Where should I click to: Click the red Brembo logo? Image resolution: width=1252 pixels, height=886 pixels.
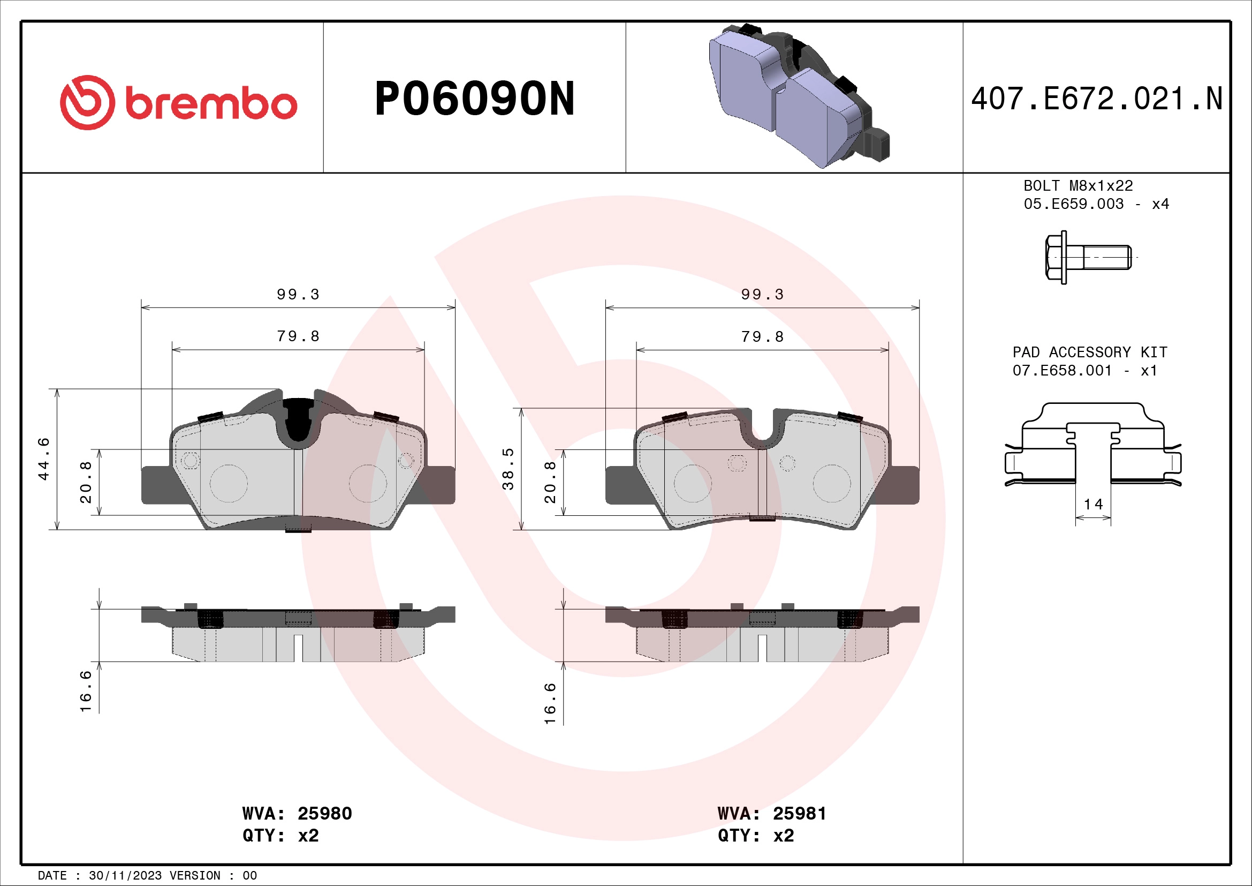coord(178,102)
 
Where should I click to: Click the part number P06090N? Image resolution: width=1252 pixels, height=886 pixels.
coord(474,99)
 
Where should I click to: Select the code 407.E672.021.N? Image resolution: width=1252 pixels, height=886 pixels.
coord(1097,99)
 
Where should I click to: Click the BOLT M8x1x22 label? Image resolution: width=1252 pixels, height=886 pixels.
coord(1078,186)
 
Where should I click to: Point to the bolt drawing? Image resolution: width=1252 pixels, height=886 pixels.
coord(1088,257)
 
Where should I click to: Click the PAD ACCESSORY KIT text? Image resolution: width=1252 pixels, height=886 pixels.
coord(1089,352)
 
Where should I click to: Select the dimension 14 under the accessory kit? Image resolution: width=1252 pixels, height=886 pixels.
coord(1093,504)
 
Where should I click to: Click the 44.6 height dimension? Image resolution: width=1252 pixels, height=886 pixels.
coord(43,459)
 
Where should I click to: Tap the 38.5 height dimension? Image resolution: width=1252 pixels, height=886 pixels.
coord(507,469)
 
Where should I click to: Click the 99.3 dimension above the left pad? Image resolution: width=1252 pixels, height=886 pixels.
coord(298,295)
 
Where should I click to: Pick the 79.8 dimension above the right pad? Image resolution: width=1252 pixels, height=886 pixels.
coord(762,337)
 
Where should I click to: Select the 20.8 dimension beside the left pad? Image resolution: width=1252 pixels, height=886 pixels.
coord(86,482)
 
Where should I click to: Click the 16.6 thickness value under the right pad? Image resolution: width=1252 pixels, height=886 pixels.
coord(550,703)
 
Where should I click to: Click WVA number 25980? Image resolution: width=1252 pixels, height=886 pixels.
coord(324,814)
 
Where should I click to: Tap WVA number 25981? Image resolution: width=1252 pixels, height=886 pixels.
coord(799,814)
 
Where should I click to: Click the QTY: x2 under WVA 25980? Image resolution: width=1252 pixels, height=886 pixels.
coord(280,836)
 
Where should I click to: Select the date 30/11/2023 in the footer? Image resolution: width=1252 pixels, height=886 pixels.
coord(125,876)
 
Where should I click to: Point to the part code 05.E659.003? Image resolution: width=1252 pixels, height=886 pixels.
coord(1073,204)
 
